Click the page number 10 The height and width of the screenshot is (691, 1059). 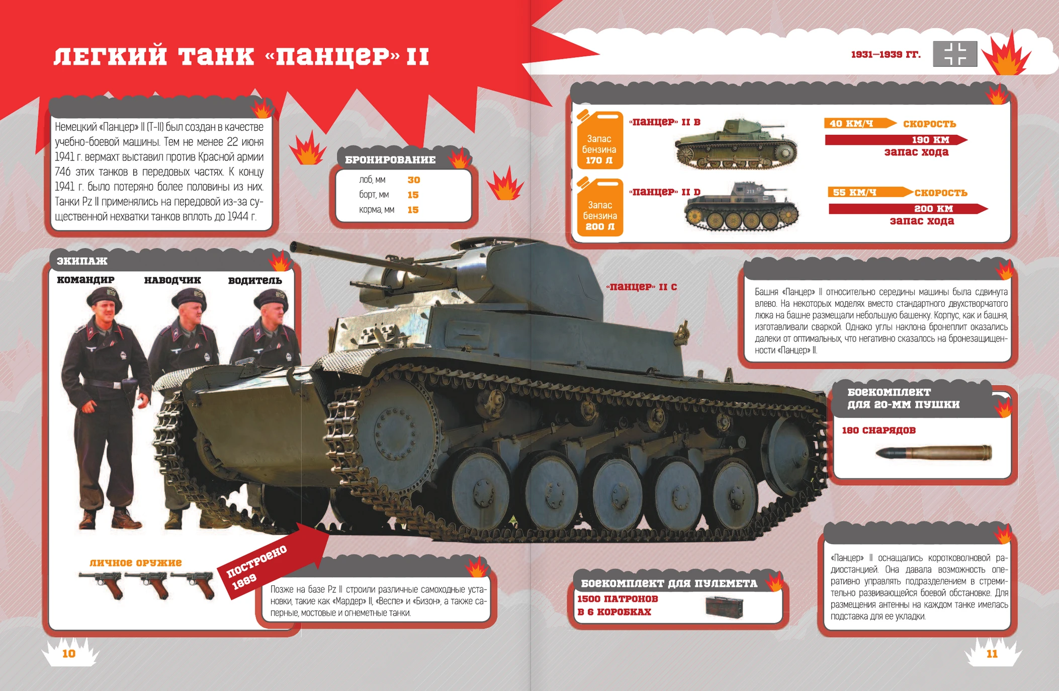pos(68,653)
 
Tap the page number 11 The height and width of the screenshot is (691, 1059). pos(992,653)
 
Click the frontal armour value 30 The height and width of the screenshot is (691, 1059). pos(413,180)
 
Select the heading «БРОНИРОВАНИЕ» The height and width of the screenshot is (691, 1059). pos(390,160)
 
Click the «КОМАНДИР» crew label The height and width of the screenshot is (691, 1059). pos(85,280)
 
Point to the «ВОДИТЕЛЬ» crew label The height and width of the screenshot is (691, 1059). pos(255,280)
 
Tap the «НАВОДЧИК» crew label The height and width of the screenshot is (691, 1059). pos(172,280)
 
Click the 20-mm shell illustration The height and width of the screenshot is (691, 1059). pos(933,453)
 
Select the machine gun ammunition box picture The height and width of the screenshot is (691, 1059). pos(724,607)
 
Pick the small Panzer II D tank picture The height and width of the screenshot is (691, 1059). pos(741,207)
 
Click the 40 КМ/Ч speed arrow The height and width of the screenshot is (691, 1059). pos(860,123)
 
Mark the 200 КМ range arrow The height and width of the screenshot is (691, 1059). pos(908,209)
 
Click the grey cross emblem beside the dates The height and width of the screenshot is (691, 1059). pos(955,54)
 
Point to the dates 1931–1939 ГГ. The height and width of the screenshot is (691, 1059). pos(886,54)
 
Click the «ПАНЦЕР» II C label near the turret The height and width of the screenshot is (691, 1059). pos(641,287)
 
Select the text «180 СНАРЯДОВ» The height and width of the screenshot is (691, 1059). pos(878,430)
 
